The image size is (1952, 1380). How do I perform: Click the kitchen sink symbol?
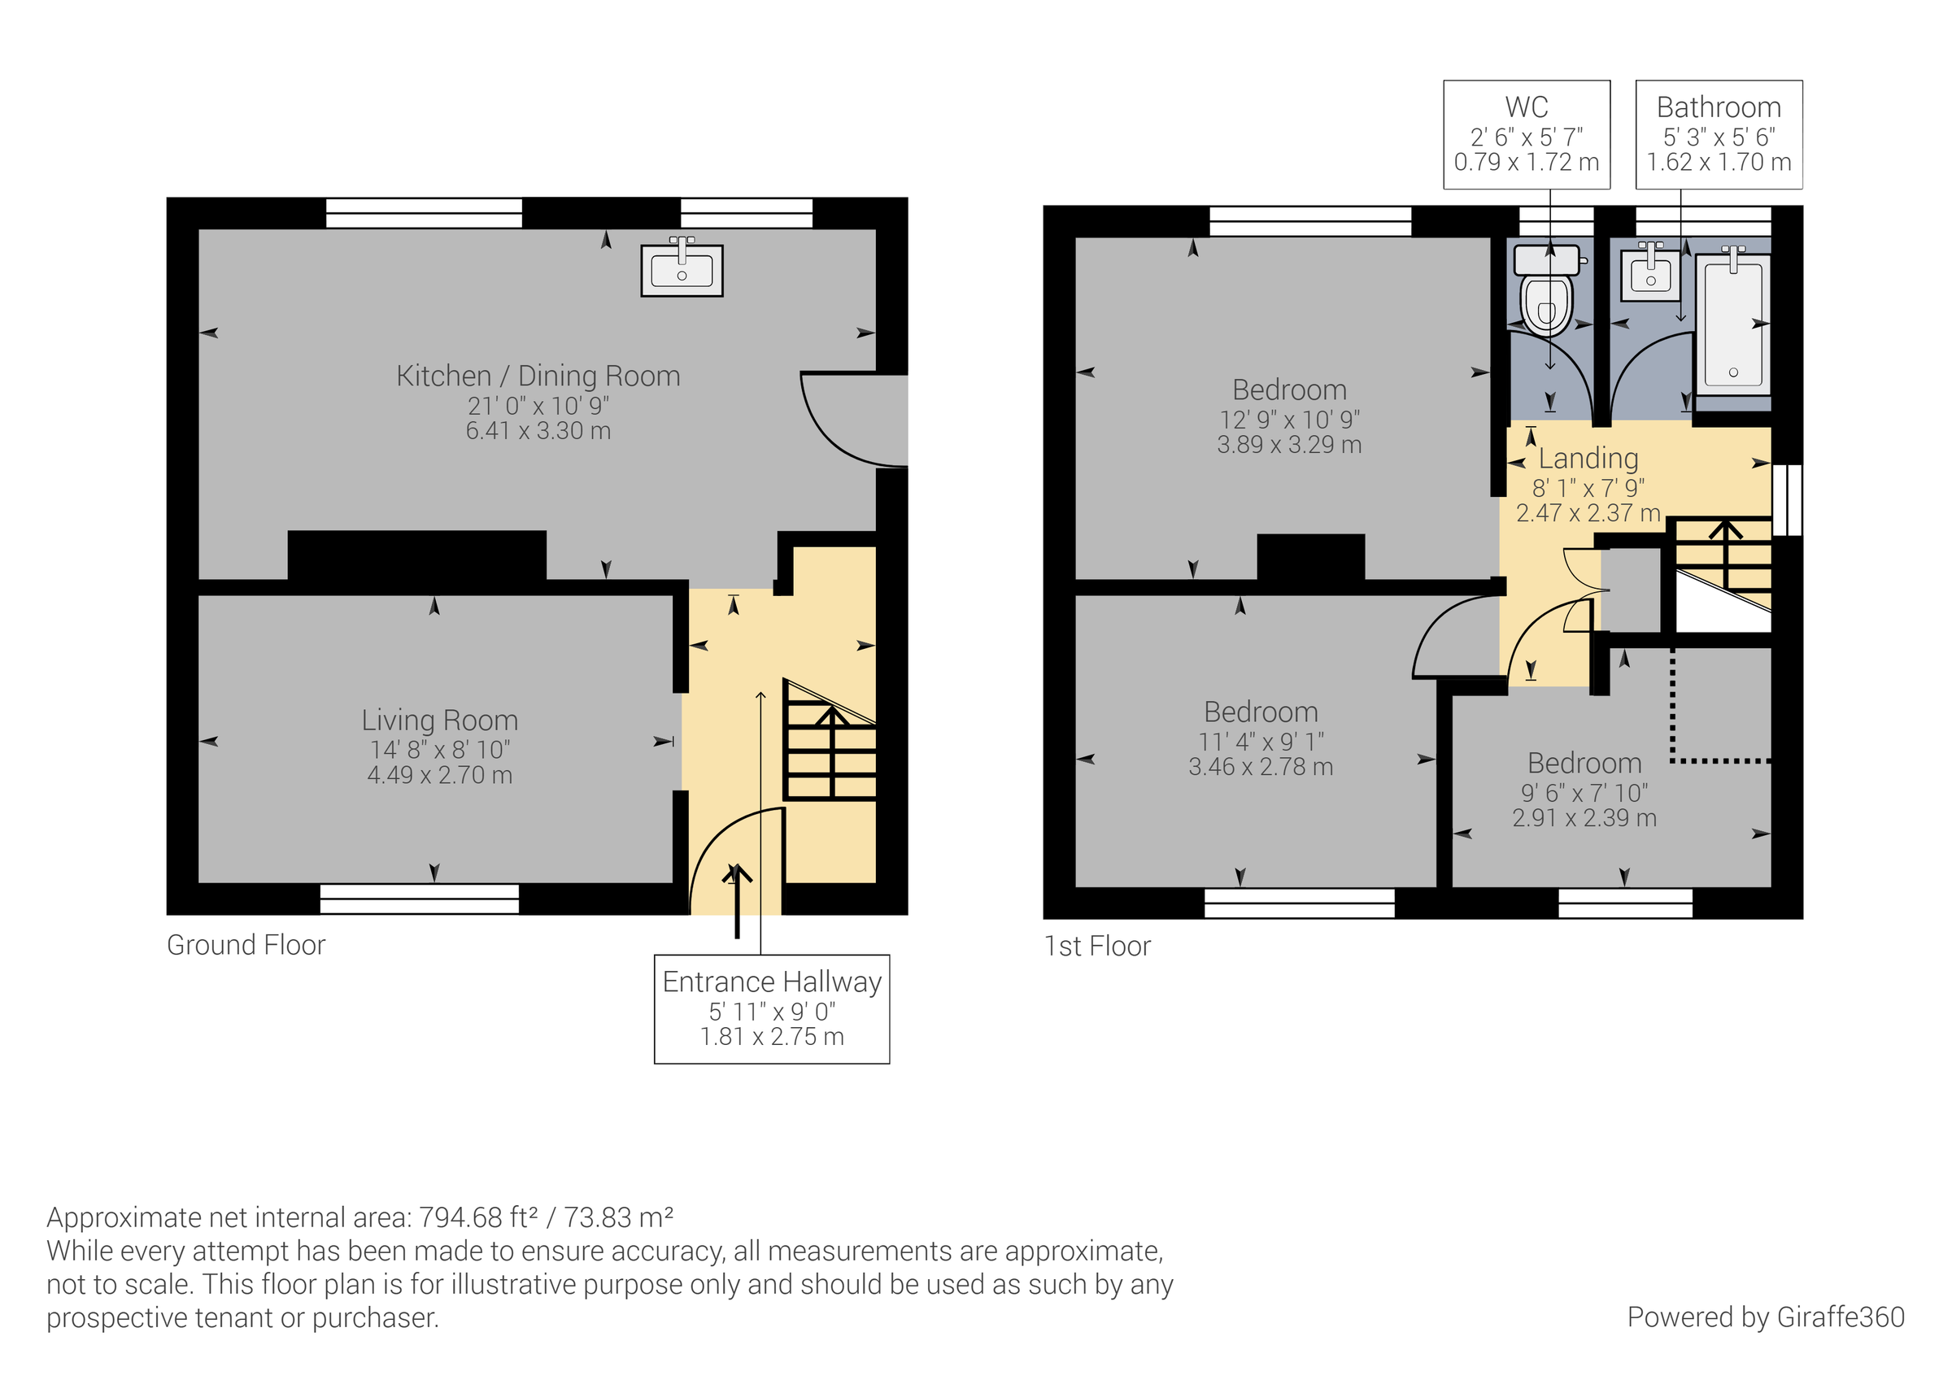click(x=682, y=270)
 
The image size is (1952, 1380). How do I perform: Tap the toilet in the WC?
click(x=1546, y=294)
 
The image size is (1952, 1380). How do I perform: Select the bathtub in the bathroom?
click(x=1732, y=323)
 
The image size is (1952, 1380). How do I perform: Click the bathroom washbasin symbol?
click(x=1650, y=274)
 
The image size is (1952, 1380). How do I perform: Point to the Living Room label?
click(x=439, y=720)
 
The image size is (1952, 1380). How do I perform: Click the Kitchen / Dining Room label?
click(x=538, y=376)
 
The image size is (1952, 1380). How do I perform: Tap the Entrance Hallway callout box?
click(x=771, y=1008)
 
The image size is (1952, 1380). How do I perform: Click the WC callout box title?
click(x=1526, y=107)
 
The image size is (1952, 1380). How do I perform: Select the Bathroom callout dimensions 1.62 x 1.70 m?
click(x=1719, y=162)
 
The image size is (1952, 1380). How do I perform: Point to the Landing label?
click(x=1588, y=459)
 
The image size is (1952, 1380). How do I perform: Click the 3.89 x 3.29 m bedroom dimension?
click(x=1289, y=445)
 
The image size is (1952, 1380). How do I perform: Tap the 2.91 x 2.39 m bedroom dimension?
click(x=1584, y=818)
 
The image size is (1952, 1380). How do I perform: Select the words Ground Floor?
click(x=246, y=945)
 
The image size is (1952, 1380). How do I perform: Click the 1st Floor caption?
click(x=1096, y=946)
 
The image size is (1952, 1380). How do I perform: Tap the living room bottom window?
click(x=419, y=899)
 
